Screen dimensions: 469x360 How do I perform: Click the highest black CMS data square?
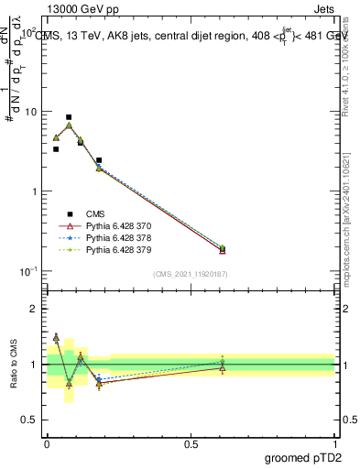coord(69,117)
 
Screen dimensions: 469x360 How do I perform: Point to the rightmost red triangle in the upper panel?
coord(223,250)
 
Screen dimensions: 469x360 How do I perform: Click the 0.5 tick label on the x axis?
coord(191,443)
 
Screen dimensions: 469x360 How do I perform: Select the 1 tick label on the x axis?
coord(334,443)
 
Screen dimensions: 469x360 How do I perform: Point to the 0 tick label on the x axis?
coord(47,443)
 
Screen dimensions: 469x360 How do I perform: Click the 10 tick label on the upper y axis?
coord(29,112)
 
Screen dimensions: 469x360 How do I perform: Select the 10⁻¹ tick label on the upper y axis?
coord(28,271)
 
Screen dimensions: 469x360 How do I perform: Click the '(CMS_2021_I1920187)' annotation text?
coord(191,273)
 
